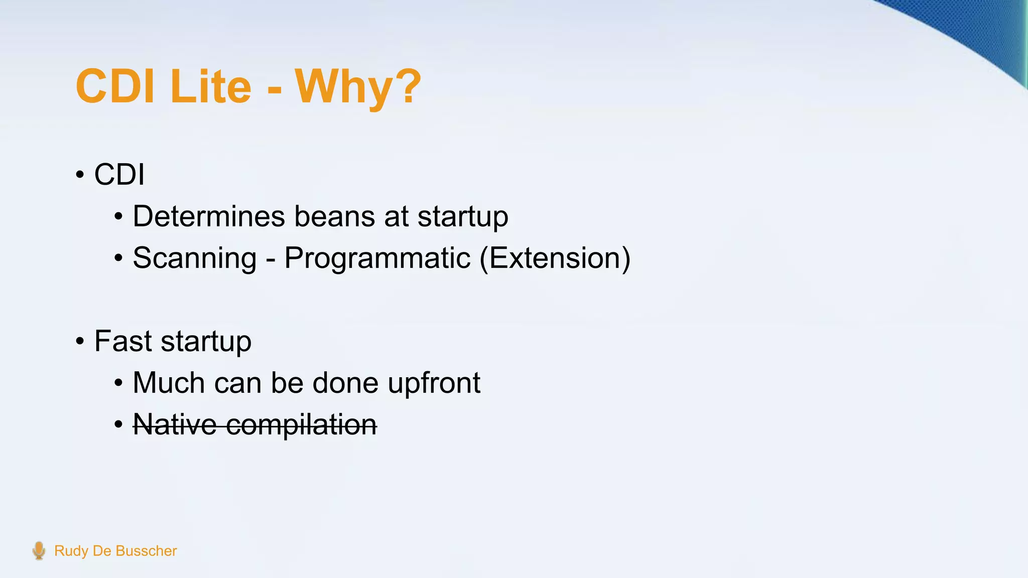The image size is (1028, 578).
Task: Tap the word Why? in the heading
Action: [357, 87]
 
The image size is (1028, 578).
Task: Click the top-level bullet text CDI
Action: [119, 175]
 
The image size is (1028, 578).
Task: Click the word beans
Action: [334, 216]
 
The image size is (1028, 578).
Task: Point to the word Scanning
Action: [195, 258]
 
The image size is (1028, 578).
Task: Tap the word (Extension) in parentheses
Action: [555, 258]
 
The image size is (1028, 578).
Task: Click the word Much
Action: [169, 383]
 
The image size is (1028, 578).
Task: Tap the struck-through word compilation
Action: [301, 424]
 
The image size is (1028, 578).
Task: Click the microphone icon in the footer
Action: [39, 550]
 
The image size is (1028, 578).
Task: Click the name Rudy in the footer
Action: [71, 551]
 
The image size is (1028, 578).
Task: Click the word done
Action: [345, 383]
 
